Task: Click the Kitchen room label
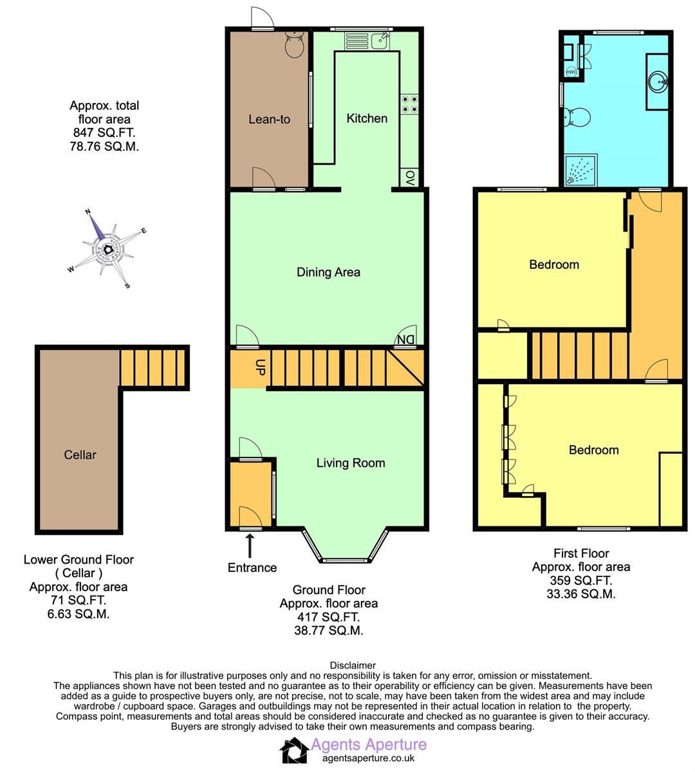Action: click(x=367, y=118)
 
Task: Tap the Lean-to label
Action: click(x=269, y=119)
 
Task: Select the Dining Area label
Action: click(x=328, y=272)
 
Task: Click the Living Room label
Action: click(x=350, y=463)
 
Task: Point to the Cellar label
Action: click(x=80, y=455)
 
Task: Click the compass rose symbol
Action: click(x=107, y=248)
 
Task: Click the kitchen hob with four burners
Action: click(x=410, y=104)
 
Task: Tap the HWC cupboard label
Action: click(x=571, y=72)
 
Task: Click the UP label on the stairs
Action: click(x=261, y=368)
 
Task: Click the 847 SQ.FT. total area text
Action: click(x=104, y=133)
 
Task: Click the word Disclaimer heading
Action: click(x=353, y=665)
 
